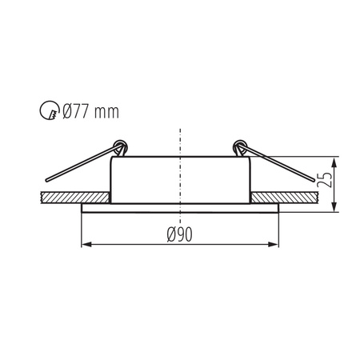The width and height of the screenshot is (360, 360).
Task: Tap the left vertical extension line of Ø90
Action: pos(82,228)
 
